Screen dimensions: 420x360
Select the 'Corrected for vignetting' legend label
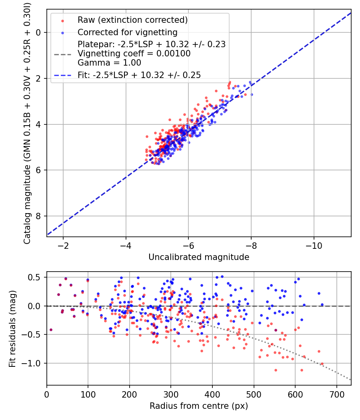point(128,32)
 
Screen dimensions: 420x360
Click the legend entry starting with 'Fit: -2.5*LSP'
point(139,75)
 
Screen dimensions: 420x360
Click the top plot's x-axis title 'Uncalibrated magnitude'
point(199,257)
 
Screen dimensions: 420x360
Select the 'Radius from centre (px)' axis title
point(199,406)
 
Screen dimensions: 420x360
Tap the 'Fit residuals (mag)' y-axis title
point(12,329)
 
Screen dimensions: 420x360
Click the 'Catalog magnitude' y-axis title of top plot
point(27,122)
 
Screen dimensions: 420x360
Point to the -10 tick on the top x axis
point(314,245)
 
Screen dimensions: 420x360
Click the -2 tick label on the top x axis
point(63,245)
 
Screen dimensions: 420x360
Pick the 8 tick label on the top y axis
point(38,216)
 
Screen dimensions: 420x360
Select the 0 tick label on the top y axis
point(38,32)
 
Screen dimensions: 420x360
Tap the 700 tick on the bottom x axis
point(337,394)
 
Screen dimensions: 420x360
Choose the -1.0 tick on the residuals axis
point(34,363)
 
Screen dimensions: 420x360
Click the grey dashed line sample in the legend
point(62,54)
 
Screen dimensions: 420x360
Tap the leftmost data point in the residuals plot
point(51,330)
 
